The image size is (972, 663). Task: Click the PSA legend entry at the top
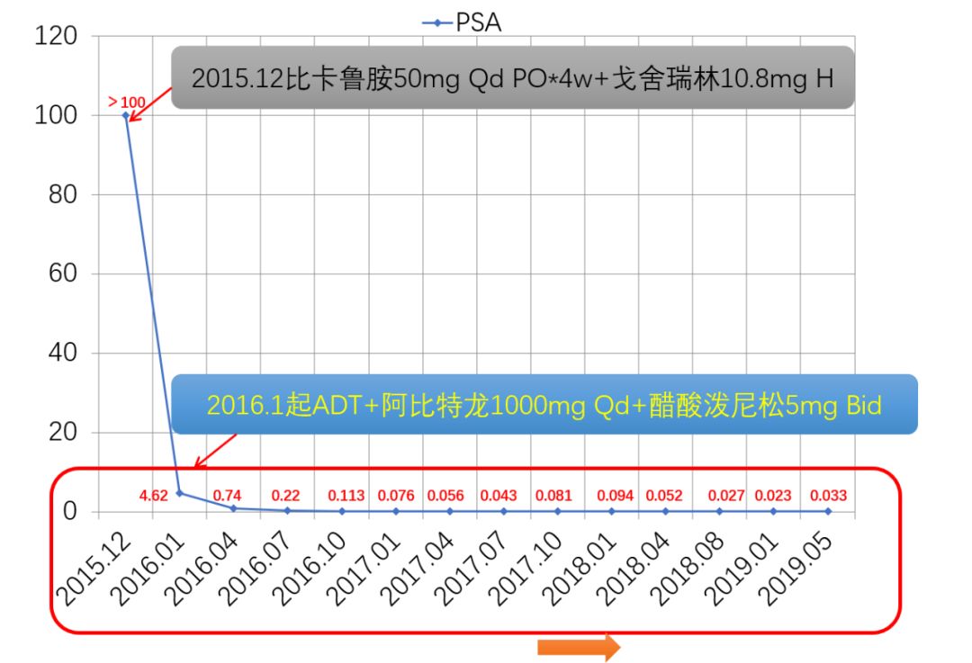[463, 22]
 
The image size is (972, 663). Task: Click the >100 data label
[126, 101]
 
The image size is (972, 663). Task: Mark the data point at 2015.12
[126, 116]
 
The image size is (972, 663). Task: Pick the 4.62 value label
[154, 495]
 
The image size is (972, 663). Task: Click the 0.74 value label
[227, 495]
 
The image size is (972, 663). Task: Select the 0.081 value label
[553, 495]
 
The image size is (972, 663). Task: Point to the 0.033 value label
[828, 495]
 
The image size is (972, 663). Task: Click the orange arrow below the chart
[579, 647]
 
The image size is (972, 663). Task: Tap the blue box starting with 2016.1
[544, 405]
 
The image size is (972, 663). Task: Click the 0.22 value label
[285, 495]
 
